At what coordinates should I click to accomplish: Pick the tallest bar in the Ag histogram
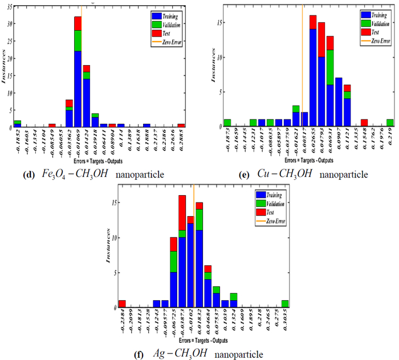coord(182,251)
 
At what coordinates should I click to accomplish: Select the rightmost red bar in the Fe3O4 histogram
coord(181,126)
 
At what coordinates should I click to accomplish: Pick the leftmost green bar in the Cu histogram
coord(227,123)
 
